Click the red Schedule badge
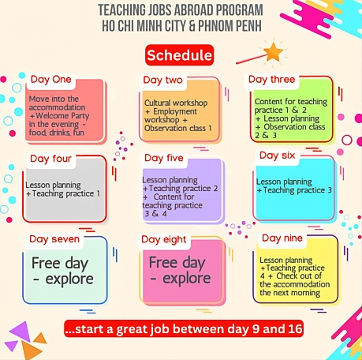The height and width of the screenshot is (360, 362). click(179, 55)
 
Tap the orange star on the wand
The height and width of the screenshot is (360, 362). click(274, 52)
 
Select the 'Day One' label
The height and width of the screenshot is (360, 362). click(50, 79)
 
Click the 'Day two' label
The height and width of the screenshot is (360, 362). click(162, 80)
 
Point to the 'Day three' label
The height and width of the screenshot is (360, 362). click(272, 79)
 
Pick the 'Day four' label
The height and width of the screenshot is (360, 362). click(50, 159)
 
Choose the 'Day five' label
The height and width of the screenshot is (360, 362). click(164, 158)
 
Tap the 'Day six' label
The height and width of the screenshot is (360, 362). click(278, 156)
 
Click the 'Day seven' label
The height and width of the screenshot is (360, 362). click(54, 239)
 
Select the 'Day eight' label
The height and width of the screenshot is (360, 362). click(164, 239)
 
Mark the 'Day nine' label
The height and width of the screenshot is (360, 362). click(282, 238)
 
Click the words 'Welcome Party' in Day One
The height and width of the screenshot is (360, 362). click(62, 116)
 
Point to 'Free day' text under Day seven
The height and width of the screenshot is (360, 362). click(60, 263)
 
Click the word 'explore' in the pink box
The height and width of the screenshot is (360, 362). click(187, 279)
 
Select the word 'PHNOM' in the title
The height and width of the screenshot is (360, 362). click(213, 26)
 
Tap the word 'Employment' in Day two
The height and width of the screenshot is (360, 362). click(175, 111)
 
